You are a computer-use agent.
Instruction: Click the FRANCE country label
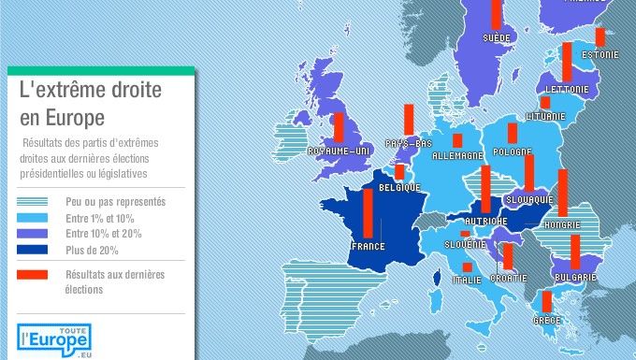[x=368, y=247]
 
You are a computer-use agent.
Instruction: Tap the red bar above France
[x=368, y=214]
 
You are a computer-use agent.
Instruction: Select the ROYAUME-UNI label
[x=340, y=151]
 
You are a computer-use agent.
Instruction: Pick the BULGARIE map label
[x=574, y=278]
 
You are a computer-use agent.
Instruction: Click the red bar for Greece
[x=546, y=301]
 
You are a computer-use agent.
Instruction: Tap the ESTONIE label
[x=600, y=54]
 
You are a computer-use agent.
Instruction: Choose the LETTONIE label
[x=567, y=90]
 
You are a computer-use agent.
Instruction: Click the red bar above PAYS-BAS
[x=409, y=120]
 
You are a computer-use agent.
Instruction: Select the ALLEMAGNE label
[x=457, y=155]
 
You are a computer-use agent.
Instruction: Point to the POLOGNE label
[x=513, y=151]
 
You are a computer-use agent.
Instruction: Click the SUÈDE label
[x=496, y=38]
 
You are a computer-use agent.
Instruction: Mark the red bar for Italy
[x=467, y=267]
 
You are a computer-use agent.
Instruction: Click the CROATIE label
[x=511, y=278]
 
